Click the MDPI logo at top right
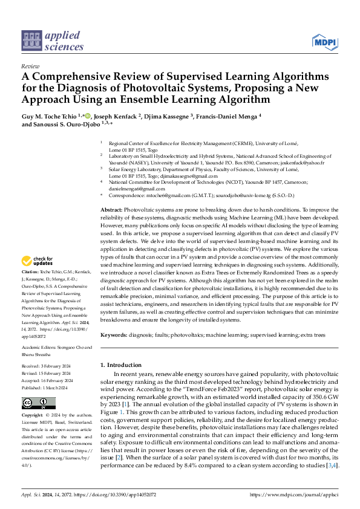pyautogui.click(x=325, y=42)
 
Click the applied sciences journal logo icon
pyautogui.click(x=31, y=41)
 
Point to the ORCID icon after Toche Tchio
pyautogui.click(x=88, y=115)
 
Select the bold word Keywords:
pyautogui.click(x=115, y=334)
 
